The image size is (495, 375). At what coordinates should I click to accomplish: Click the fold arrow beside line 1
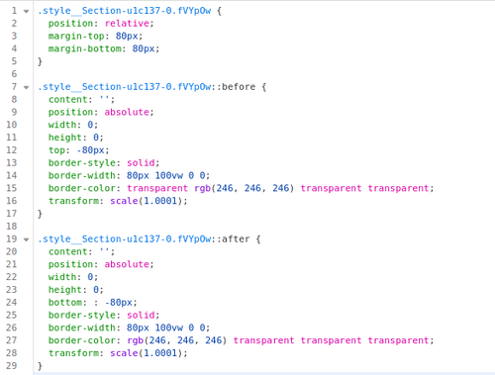26,12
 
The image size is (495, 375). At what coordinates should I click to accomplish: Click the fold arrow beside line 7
26,88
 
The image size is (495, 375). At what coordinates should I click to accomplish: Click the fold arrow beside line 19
26,239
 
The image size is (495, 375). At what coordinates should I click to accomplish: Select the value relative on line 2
127,24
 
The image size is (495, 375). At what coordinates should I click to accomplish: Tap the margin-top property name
76,37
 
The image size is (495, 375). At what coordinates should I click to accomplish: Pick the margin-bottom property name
85,48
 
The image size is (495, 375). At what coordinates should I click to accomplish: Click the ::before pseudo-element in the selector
233,87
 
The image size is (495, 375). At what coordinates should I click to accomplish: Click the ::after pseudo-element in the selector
231,239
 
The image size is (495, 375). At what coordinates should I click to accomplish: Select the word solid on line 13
141,163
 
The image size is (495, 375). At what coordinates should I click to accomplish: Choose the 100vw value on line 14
168,175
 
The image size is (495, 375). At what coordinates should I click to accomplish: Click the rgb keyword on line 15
202,188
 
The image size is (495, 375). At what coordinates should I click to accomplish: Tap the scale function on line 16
124,201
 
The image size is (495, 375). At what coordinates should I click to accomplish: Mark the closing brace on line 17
40,214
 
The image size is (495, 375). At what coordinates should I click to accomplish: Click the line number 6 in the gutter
14,74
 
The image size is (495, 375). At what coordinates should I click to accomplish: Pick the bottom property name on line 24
65,303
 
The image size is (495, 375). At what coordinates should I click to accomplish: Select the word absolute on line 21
127,264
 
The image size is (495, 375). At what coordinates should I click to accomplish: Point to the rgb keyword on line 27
136,340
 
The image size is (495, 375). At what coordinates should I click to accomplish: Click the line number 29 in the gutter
11,366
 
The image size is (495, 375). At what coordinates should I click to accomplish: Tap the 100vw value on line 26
168,328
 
